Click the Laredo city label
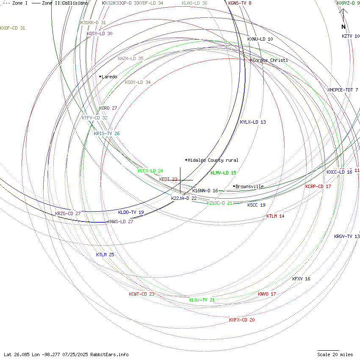point(109,77)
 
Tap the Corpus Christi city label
point(270,61)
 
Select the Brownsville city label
point(249,186)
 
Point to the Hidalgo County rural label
point(213,160)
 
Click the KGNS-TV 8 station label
point(240,3)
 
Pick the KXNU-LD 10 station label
point(260,39)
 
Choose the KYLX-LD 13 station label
point(253,122)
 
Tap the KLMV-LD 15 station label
point(223,173)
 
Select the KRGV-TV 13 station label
point(347,236)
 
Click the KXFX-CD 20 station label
point(242,320)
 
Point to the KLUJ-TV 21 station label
point(202,300)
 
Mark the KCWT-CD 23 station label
point(141,294)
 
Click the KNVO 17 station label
point(267,294)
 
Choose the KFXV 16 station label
point(301,279)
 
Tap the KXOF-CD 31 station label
point(13,28)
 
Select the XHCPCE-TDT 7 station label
point(343,90)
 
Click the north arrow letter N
point(343,27)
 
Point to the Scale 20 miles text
point(335,354)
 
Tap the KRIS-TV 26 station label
point(107,133)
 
